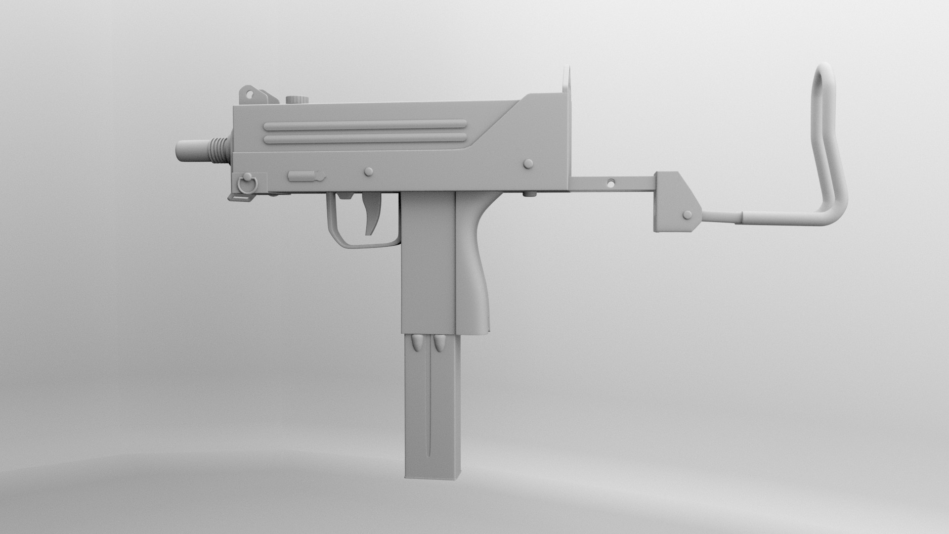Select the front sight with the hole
pyautogui.click(x=251, y=93)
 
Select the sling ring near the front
pyautogui.click(x=248, y=183)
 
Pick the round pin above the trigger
pyautogui.click(x=368, y=171)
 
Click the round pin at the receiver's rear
pyautogui.click(x=528, y=163)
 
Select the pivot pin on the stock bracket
pyautogui.click(x=687, y=215)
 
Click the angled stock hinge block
pyautogui.click(x=677, y=203)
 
